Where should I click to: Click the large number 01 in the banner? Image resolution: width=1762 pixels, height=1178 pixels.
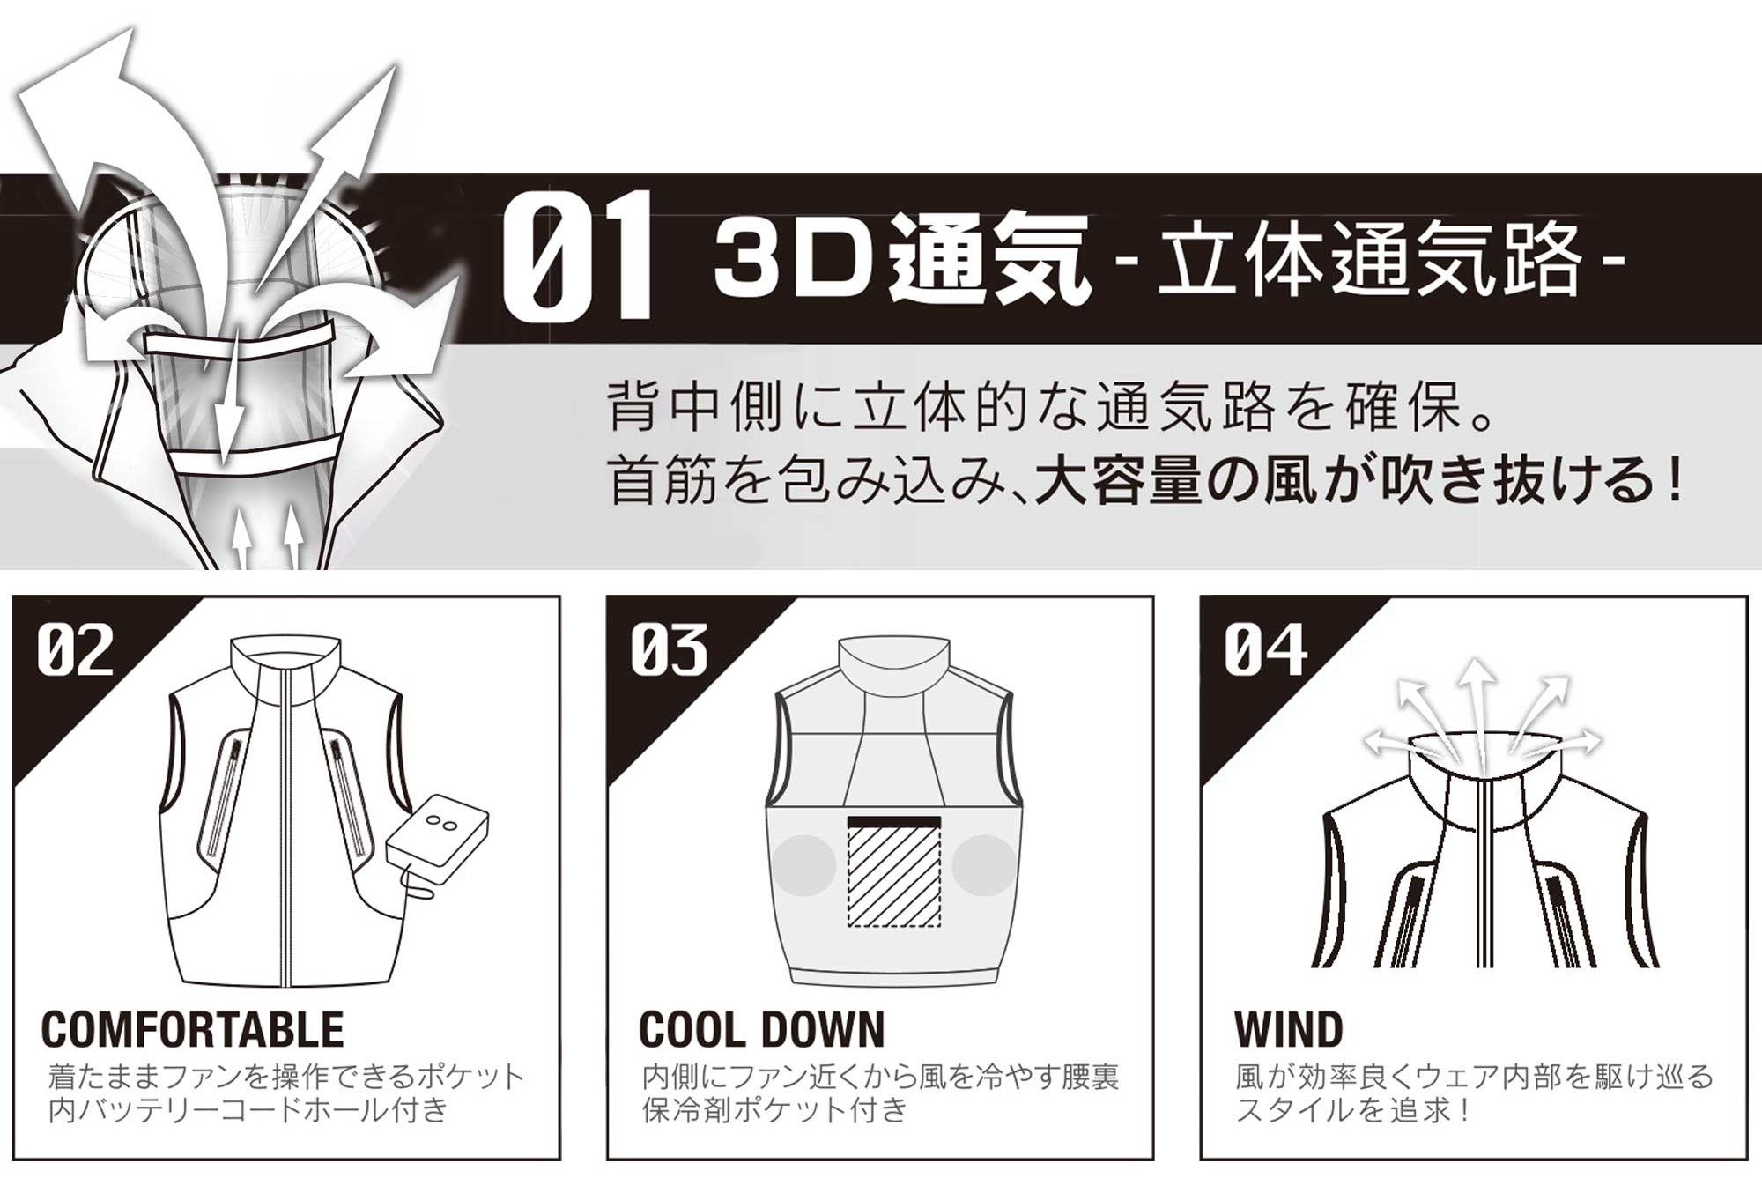tap(577, 255)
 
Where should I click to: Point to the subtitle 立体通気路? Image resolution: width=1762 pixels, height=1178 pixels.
tap(1370, 257)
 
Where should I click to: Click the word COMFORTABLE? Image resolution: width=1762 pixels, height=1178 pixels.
tap(193, 1029)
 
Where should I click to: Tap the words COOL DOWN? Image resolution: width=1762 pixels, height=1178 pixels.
tap(762, 1029)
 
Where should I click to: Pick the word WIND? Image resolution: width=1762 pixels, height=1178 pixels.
tap(1289, 1029)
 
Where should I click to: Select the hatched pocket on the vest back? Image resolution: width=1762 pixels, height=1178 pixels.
tap(894, 872)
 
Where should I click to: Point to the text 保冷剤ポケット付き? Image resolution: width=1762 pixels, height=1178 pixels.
tap(775, 1110)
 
